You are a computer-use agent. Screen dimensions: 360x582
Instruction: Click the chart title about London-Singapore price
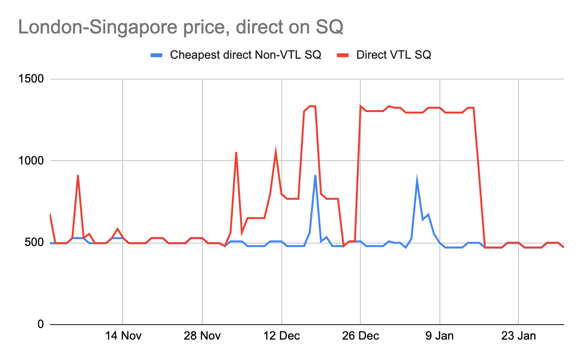click(180, 27)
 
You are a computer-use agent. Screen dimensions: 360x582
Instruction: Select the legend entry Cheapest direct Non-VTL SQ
click(245, 55)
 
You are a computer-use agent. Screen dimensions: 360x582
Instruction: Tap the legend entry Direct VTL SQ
click(393, 55)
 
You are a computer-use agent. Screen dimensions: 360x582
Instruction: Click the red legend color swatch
click(343, 55)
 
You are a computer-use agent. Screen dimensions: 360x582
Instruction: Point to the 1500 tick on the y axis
click(31, 79)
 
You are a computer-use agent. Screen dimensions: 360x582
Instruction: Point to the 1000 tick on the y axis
click(31, 161)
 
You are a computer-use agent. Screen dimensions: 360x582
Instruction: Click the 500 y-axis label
click(34, 243)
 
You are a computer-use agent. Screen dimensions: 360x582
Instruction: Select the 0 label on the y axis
click(41, 325)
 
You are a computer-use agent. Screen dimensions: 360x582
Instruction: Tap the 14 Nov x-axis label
click(123, 336)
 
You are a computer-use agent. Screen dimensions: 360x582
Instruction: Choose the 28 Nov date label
click(202, 336)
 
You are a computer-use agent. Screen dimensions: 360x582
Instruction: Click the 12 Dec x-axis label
click(281, 336)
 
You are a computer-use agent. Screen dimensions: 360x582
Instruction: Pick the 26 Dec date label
click(360, 336)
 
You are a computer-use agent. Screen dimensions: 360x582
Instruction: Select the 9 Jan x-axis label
click(439, 336)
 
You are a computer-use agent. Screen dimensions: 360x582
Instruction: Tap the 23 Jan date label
click(518, 336)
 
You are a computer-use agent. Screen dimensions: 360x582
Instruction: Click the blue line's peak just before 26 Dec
click(315, 176)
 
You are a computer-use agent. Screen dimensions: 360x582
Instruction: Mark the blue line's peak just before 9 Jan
click(417, 180)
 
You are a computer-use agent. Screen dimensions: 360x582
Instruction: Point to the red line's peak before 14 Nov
click(78, 176)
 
